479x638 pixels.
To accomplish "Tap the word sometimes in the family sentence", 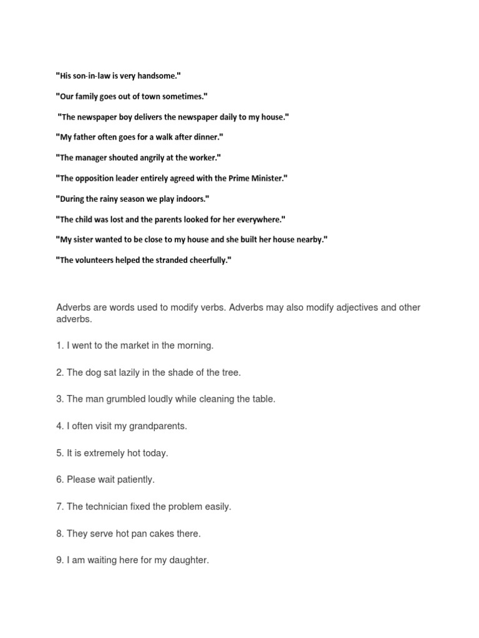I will tap(185, 97).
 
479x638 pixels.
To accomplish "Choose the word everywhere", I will tap(260, 219).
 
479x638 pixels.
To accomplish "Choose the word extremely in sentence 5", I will tap(104, 453).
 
